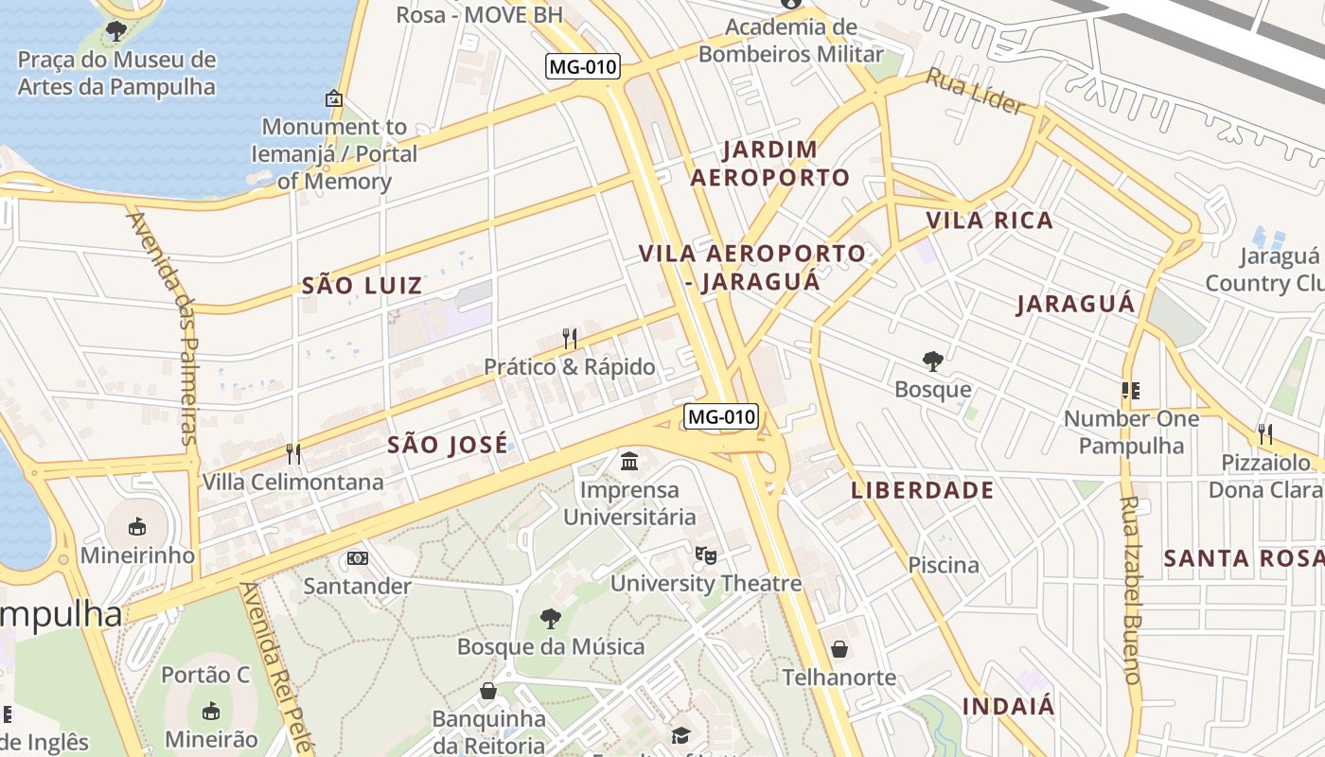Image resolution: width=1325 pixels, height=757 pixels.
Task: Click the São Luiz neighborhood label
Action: [x=362, y=285]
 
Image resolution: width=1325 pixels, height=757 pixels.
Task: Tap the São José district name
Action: [x=447, y=445]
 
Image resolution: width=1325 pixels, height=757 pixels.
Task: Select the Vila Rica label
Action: [x=989, y=220]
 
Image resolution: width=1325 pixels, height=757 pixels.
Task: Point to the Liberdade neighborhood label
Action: [x=922, y=490]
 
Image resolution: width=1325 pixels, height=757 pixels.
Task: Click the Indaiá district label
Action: [x=1008, y=706]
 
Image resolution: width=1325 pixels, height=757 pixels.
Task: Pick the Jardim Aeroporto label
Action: [x=769, y=163]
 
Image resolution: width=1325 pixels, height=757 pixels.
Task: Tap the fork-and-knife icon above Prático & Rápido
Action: [x=570, y=339]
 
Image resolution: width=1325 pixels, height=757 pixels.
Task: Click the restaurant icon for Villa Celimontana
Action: [x=293, y=454]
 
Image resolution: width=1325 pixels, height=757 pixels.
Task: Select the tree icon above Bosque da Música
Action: [x=550, y=620]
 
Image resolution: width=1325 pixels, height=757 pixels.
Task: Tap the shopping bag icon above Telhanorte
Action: [x=839, y=649]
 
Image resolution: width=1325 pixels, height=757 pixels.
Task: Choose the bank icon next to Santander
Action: [x=358, y=558]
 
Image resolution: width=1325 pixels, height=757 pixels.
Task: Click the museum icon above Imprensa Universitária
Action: [x=629, y=462]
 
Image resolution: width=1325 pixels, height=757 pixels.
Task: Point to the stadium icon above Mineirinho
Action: [x=137, y=526]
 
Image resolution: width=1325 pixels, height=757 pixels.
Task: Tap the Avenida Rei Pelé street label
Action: [x=274, y=667]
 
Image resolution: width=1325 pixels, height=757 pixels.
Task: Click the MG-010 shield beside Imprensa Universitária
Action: [x=722, y=416]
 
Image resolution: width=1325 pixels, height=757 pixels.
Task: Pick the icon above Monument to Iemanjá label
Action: [x=333, y=98]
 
